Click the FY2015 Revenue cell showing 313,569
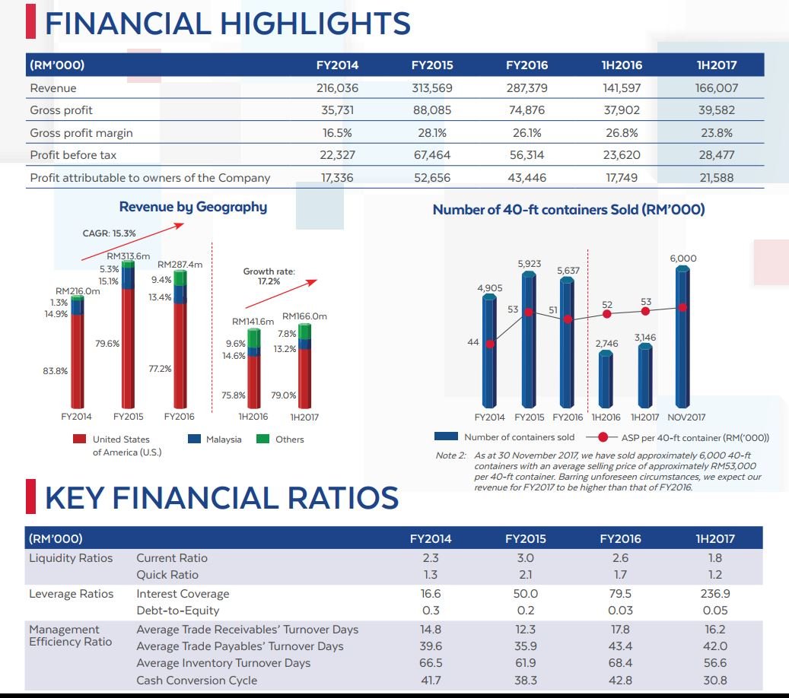431,88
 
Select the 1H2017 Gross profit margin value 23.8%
717,133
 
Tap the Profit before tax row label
73,155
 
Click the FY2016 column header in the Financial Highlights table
527,65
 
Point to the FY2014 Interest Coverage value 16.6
431,593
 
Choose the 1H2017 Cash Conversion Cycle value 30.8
715,680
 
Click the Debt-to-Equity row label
177,611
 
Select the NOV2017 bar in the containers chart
682,336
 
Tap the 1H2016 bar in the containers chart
606,379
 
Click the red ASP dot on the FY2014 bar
490,344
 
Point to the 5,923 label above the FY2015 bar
530,264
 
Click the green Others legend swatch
262,439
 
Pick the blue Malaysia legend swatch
194,439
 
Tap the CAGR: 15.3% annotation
110,233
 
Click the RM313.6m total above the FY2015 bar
129,256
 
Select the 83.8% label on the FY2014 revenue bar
56,371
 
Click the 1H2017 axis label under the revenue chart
304,417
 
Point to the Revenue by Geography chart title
193,207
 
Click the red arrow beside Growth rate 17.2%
282,293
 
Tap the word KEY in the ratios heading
75,497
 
